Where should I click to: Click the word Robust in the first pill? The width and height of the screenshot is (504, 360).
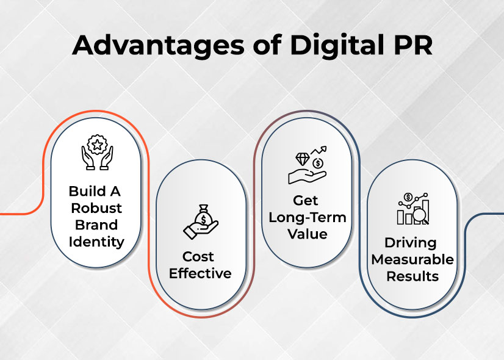tap(96, 207)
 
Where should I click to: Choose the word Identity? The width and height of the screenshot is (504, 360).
tap(96, 242)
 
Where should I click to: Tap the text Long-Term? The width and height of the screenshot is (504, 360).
tap(306, 218)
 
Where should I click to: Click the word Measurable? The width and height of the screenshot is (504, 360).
tap(412, 259)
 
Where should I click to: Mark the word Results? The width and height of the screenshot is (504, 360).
tap(412, 276)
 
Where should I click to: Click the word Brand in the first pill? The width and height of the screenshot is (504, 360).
tap(96, 225)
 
